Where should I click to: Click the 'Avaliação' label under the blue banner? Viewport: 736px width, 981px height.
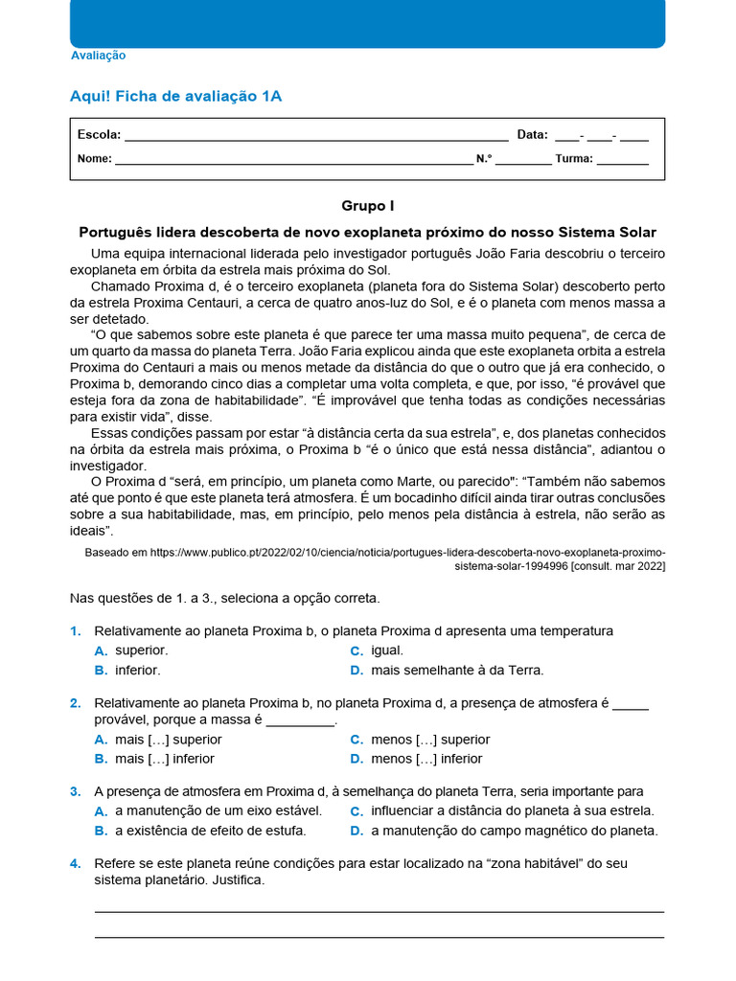98,56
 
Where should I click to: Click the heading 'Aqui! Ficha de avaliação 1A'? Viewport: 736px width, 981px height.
175,96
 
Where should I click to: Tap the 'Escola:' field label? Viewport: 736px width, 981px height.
99,135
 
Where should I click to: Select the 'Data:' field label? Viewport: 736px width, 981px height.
532,135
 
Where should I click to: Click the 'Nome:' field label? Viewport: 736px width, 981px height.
94,159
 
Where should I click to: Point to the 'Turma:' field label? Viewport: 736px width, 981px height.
573,159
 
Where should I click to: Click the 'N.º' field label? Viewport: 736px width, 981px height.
484,159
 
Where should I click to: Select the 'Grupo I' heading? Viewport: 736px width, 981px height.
367,206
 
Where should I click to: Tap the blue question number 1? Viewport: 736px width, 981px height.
75,630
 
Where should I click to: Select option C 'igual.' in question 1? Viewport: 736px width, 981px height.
386,650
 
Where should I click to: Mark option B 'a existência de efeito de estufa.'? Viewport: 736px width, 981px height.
210,831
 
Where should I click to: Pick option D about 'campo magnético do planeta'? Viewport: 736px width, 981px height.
514,831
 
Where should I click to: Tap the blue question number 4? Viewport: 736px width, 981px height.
75,863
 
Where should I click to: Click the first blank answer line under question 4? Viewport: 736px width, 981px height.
379,911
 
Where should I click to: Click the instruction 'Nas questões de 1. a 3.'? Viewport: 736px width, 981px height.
225,598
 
